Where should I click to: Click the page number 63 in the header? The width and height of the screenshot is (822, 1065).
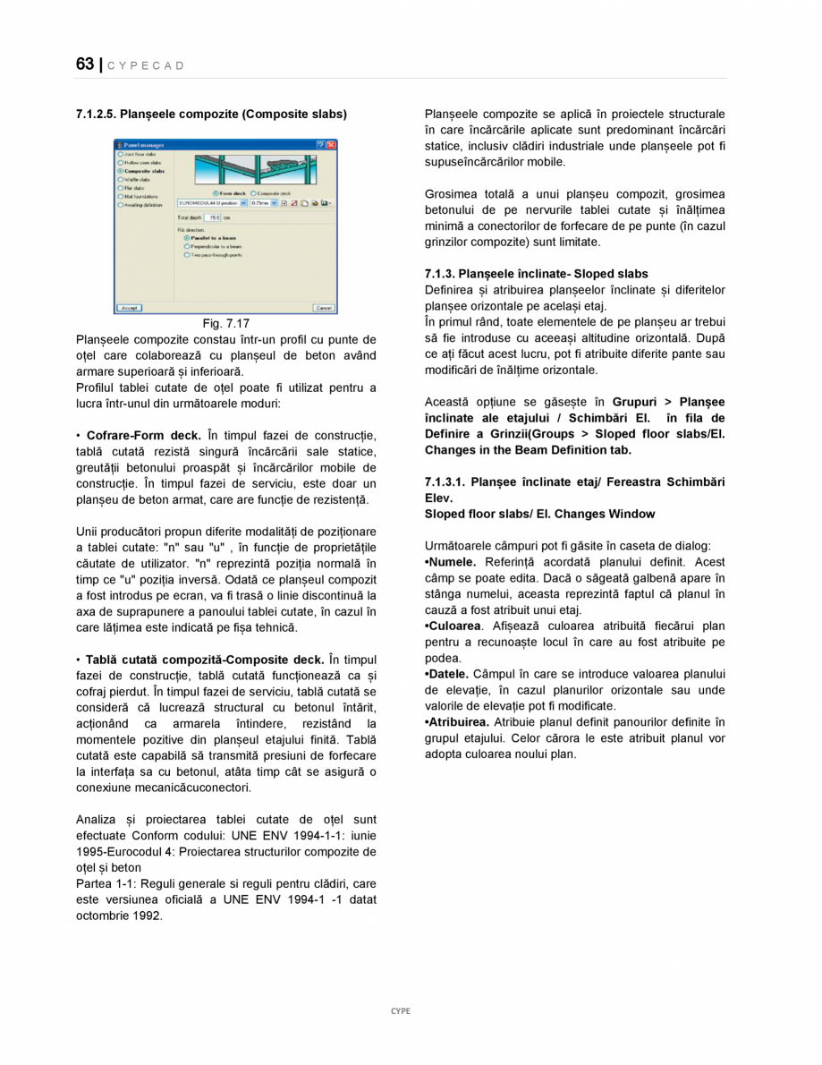(84, 64)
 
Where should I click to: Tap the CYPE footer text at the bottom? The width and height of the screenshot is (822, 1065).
(400, 1010)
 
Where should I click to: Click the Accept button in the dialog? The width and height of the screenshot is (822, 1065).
(129, 308)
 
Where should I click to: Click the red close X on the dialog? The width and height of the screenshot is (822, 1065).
(331, 144)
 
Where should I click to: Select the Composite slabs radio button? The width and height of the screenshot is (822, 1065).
(121, 171)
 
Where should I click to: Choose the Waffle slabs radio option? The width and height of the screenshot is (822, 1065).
(121, 179)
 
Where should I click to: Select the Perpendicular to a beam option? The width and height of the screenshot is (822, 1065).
(186, 246)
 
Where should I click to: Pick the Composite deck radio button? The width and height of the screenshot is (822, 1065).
(254, 192)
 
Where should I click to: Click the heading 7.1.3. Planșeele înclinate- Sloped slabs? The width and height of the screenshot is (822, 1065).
(536, 274)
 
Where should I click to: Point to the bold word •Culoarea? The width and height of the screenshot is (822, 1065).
(453, 626)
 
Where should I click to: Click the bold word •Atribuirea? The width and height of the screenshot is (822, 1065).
(457, 721)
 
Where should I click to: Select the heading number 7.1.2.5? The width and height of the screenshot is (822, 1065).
(97, 115)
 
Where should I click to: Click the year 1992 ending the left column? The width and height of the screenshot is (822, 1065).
(148, 916)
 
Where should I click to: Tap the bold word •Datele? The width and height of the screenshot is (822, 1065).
(447, 674)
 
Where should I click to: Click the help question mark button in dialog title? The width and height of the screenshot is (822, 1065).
(320, 144)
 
